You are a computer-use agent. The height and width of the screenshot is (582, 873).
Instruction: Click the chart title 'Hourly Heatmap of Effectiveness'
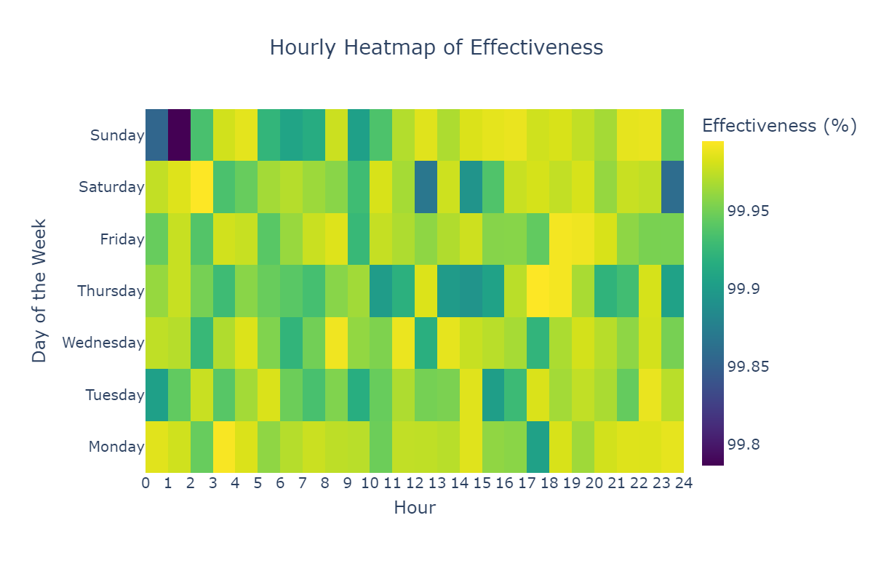click(436, 48)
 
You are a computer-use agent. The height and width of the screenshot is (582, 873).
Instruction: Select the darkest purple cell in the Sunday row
click(179, 135)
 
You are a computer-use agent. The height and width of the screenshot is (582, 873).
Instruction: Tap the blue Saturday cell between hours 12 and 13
click(426, 187)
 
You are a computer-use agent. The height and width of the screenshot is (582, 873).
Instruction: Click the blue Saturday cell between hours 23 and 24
click(672, 187)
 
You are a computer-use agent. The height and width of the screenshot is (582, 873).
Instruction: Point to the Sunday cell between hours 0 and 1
click(156, 135)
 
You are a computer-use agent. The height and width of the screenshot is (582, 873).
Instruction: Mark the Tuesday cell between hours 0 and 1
click(156, 395)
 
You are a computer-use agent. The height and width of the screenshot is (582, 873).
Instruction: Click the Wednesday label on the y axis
click(103, 343)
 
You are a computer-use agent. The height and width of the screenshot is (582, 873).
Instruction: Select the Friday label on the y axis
click(122, 239)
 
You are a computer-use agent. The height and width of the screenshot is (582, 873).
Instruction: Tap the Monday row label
click(116, 447)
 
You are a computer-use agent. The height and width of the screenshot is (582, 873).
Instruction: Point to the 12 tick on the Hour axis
click(415, 482)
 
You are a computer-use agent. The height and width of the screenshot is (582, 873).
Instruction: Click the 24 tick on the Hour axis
click(684, 482)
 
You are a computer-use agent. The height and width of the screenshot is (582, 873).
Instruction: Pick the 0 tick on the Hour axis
click(145, 482)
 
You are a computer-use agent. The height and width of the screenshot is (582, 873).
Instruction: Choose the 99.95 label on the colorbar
click(749, 212)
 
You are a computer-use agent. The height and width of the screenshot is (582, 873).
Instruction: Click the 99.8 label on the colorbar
click(744, 445)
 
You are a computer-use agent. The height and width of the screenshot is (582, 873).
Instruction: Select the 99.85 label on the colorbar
click(749, 367)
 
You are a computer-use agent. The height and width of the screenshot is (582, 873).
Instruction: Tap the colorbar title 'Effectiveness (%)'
click(779, 126)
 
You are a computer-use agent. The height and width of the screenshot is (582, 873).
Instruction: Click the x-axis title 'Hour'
click(415, 509)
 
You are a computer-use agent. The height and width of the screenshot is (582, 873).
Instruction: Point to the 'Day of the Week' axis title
click(39, 291)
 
